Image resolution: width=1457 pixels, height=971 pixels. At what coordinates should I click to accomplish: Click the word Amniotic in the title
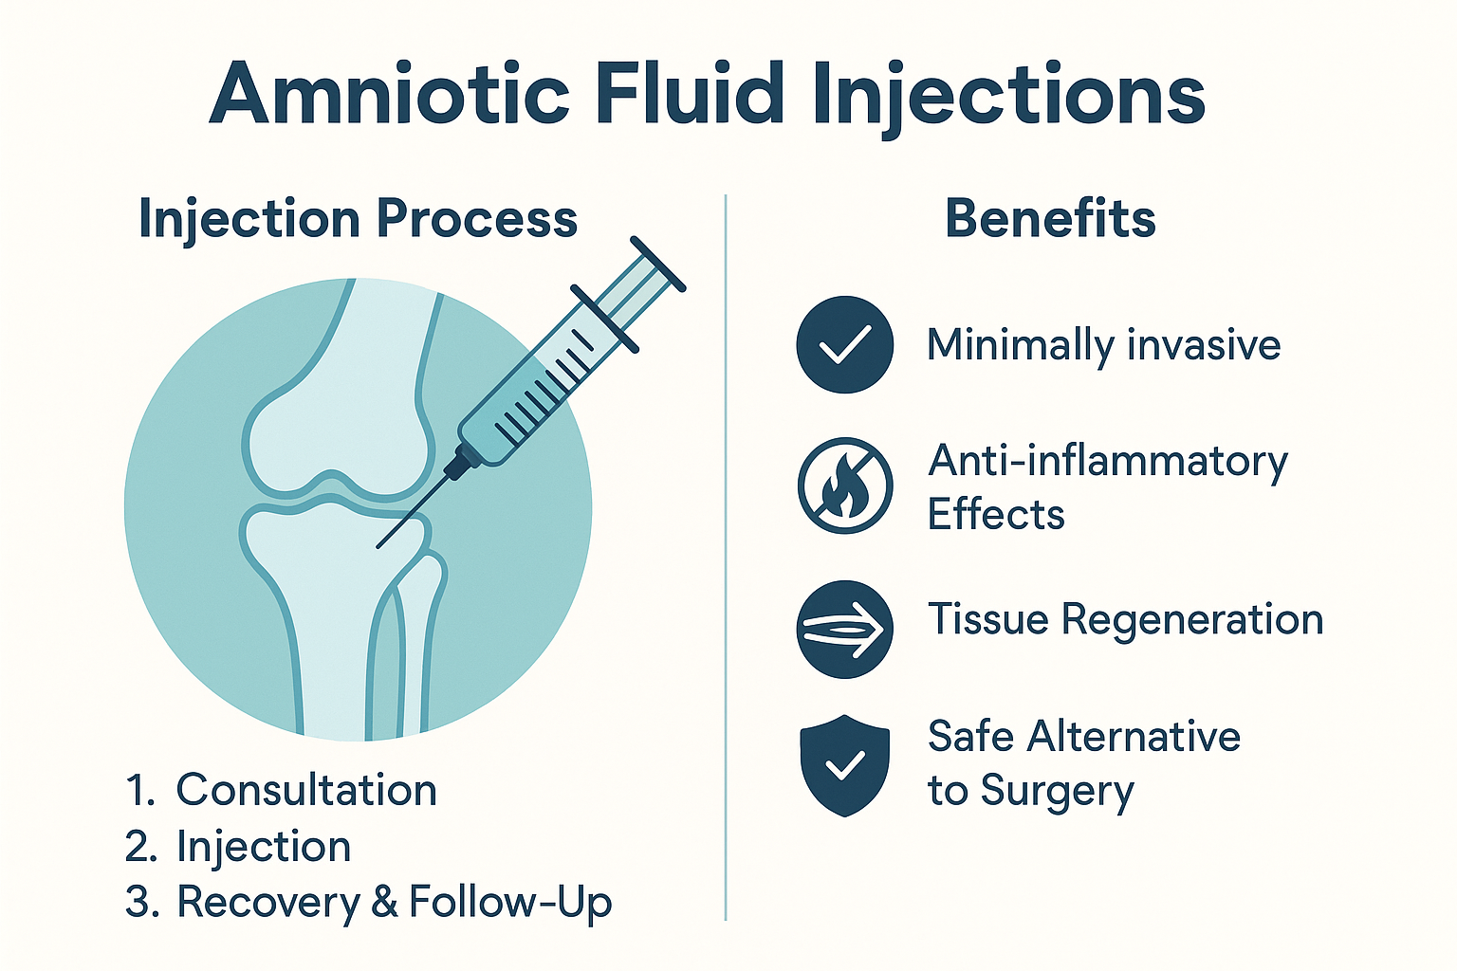[389, 94]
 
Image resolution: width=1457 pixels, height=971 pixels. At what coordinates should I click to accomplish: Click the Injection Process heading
[358, 219]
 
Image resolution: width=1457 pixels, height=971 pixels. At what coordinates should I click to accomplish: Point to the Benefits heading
[1050, 219]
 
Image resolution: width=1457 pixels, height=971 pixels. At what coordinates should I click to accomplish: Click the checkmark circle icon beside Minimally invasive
[844, 344]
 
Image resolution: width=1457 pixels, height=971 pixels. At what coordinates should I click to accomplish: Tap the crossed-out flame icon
[844, 485]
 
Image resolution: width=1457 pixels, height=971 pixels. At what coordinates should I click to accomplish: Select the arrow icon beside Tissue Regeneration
[844, 629]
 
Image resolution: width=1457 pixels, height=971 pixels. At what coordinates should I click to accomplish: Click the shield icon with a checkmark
[844, 765]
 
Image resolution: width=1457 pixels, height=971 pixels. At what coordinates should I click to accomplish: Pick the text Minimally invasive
[1103, 345]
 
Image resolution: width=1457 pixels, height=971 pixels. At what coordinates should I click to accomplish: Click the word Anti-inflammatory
[1108, 462]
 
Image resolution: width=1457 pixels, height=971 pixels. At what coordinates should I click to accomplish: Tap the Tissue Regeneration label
[1125, 620]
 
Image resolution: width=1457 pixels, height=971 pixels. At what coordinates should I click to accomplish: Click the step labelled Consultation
[305, 790]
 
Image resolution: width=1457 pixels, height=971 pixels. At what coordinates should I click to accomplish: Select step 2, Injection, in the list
[264, 847]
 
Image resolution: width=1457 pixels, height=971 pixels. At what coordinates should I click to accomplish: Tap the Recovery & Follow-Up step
[394, 902]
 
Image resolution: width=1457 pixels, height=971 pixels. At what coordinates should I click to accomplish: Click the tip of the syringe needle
[378, 547]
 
